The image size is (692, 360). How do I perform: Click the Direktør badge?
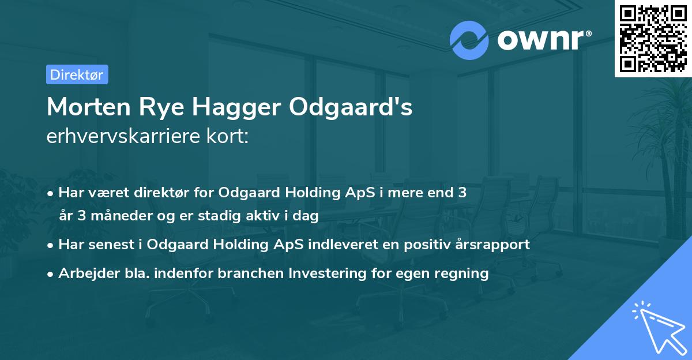pyautogui.click(x=77, y=74)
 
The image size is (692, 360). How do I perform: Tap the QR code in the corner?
pyautogui.click(x=653, y=38)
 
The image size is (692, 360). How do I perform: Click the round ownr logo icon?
pyautogui.click(x=469, y=40)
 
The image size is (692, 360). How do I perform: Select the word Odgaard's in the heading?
pyautogui.click(x=351, y=107)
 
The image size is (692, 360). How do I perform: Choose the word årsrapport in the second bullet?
pyautogui.click(x=495, y=244)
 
